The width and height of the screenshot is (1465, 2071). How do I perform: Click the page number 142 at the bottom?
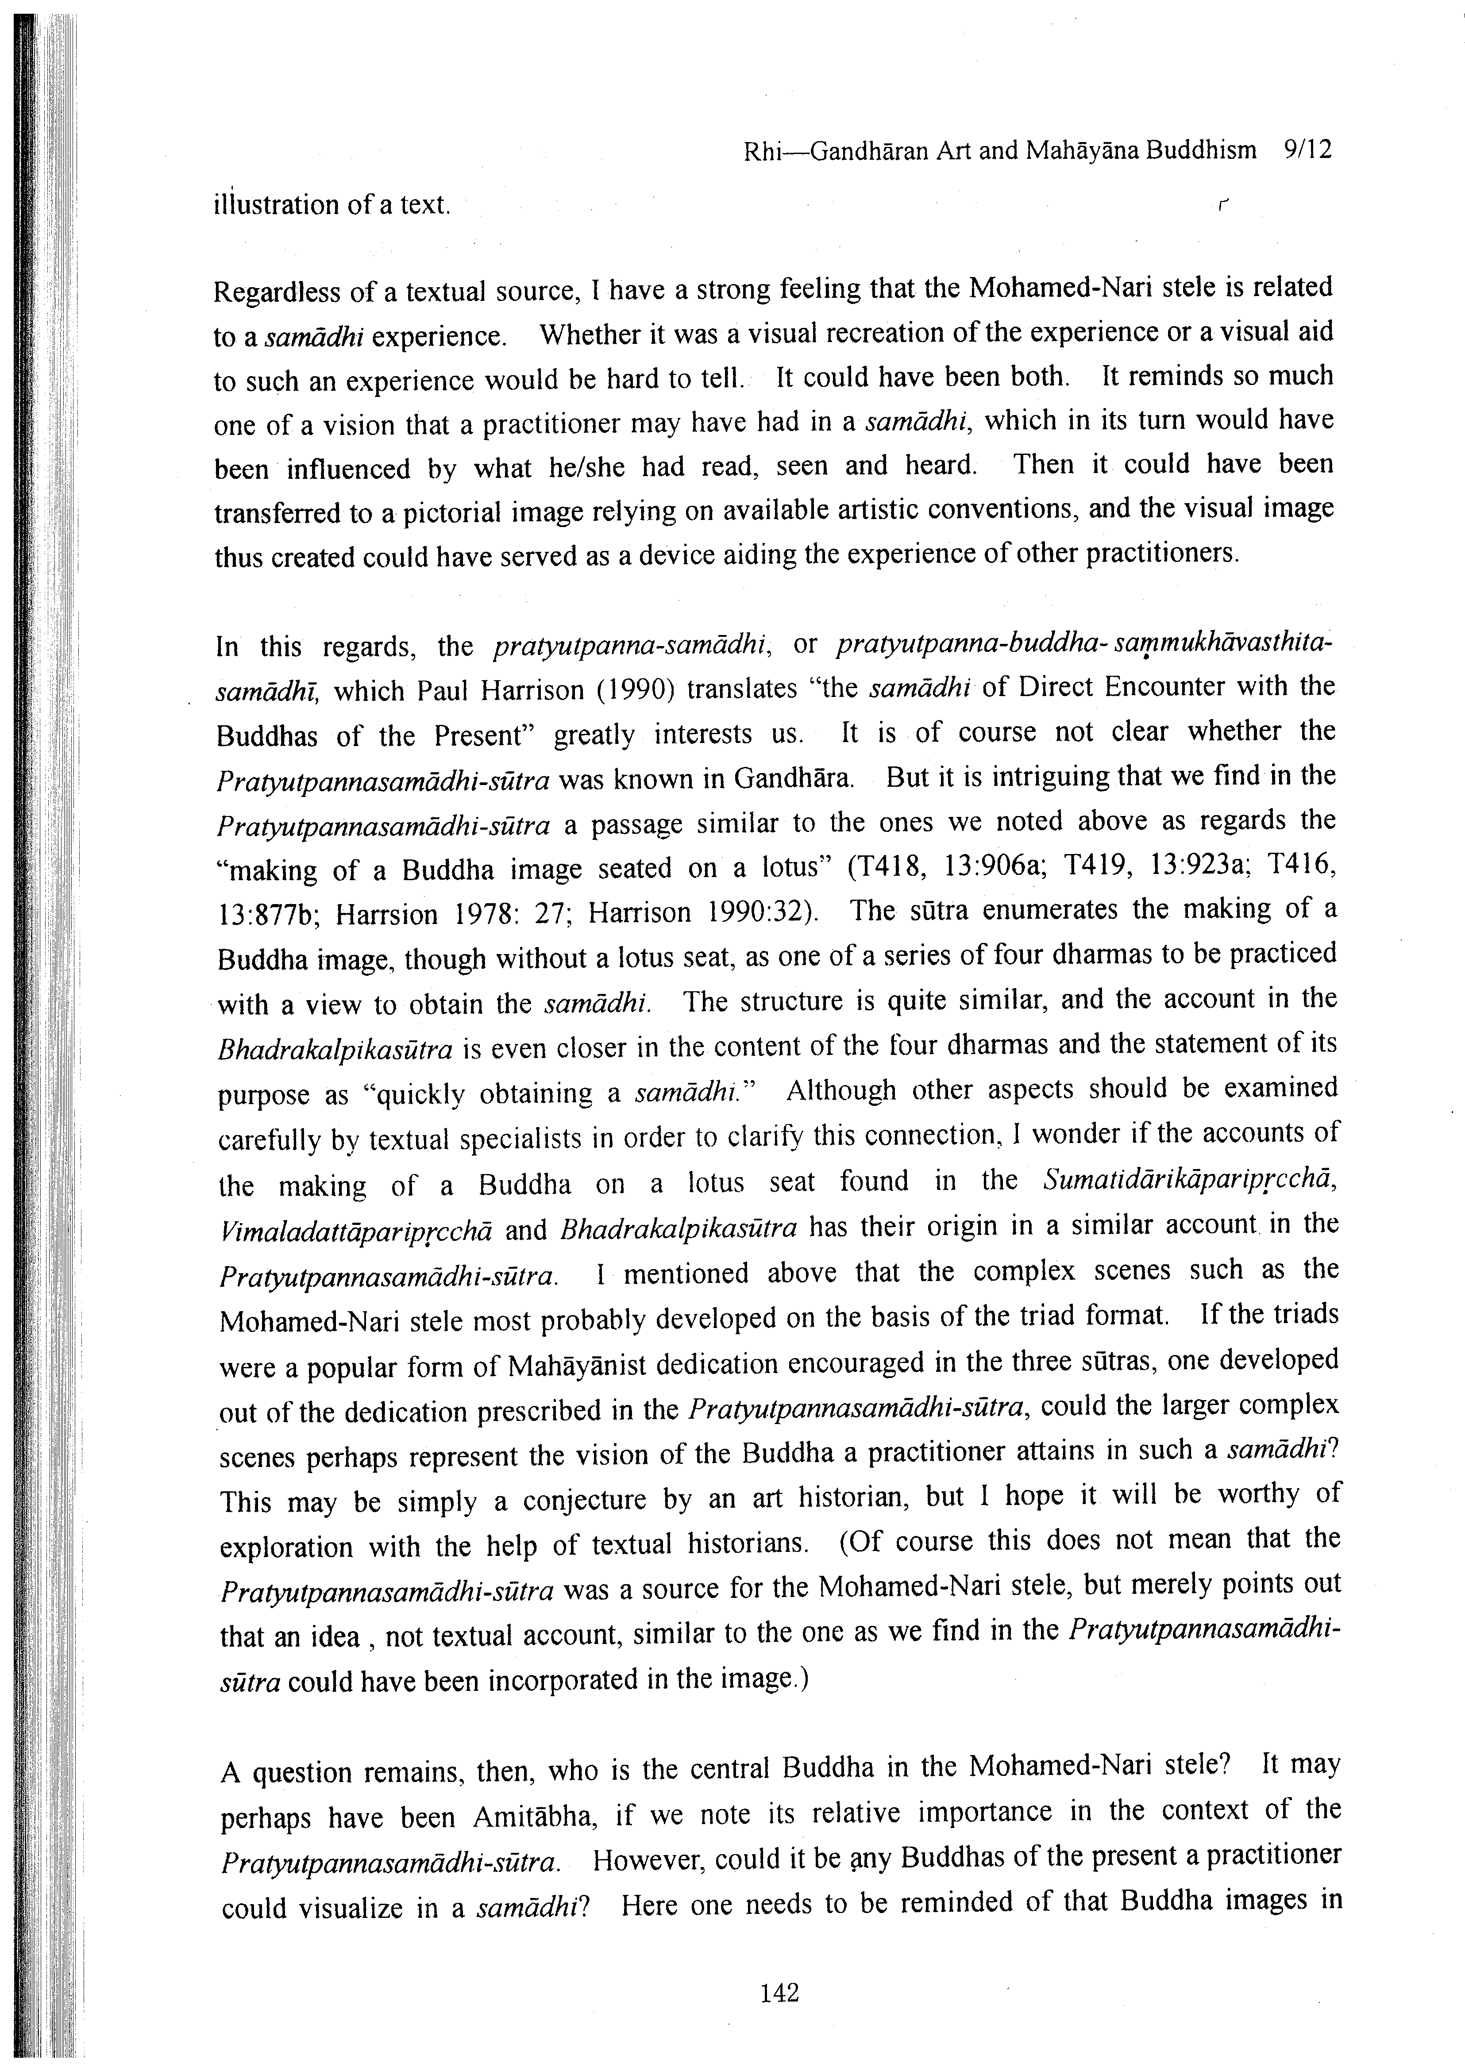779,1993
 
